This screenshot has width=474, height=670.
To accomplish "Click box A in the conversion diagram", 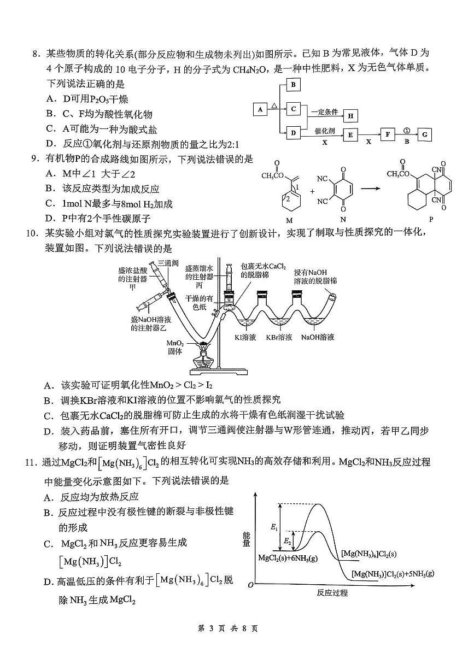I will (260, 109).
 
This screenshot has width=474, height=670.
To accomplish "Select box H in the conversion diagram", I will (350, 115).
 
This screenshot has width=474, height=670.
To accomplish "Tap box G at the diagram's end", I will (425, 134).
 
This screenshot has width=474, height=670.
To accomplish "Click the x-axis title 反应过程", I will (332, 593).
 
